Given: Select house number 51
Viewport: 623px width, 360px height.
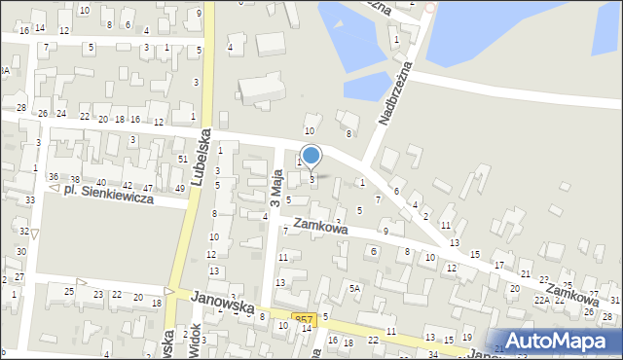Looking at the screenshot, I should (182, 159).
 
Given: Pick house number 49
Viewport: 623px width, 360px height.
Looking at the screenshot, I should (179, 188).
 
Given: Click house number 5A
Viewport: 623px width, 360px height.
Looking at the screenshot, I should (355, 288).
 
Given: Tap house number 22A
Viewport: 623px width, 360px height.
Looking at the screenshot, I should (541, 301).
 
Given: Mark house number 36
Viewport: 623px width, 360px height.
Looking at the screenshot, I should (54, 176).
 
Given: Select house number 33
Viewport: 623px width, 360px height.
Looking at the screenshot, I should (30, 199).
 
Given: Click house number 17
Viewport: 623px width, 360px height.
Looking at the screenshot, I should (498, 265).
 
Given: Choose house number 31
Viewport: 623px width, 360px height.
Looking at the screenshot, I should (615, 300).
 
